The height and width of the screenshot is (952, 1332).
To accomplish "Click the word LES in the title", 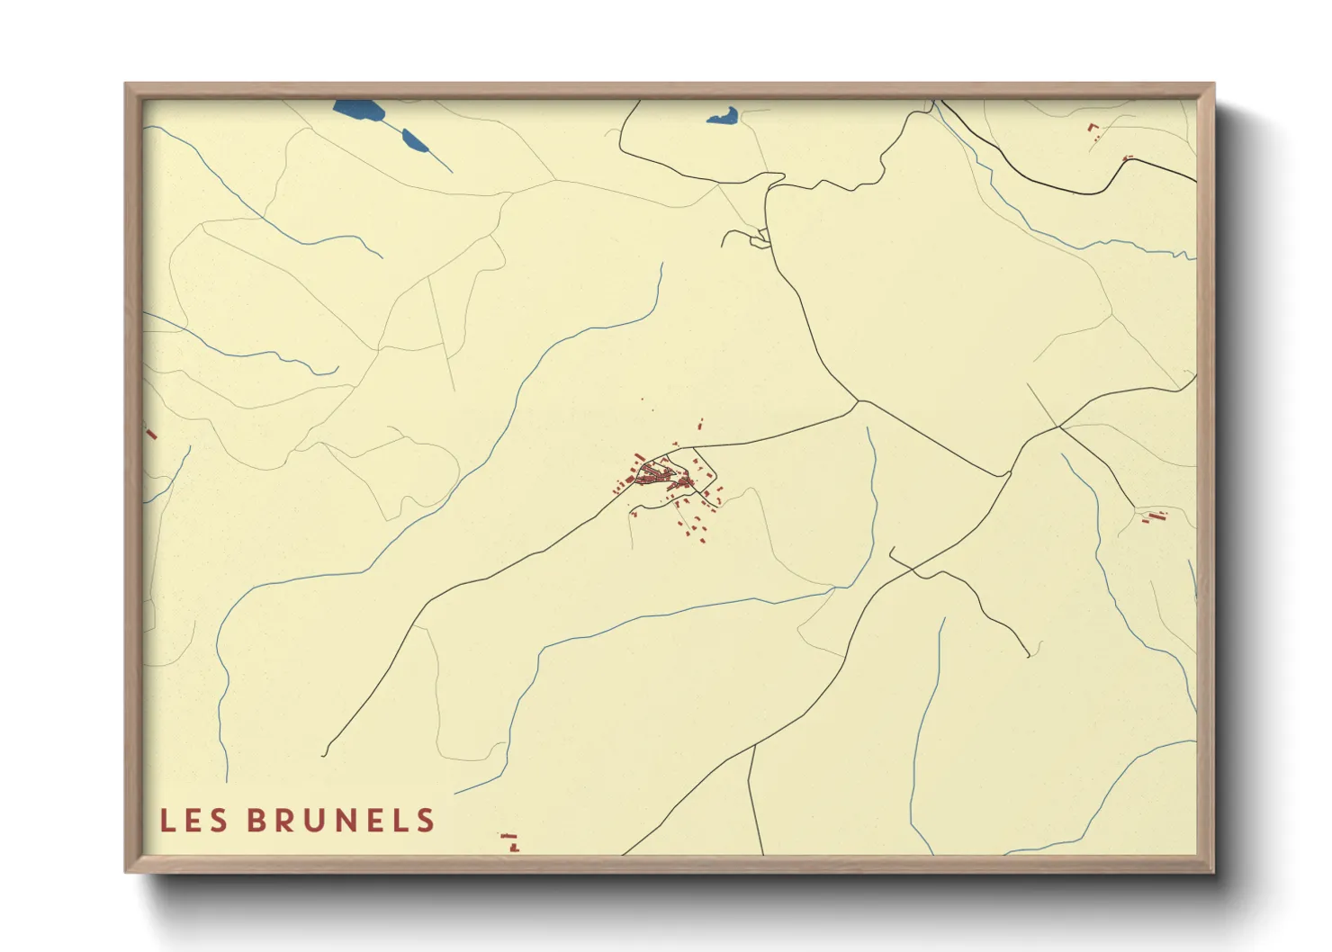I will click(193, 821).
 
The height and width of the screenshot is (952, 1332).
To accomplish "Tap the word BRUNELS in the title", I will click(340, 821).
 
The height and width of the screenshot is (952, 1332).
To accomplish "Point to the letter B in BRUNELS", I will click(256, 821).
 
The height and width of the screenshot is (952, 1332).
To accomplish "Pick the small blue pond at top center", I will click(723, 116).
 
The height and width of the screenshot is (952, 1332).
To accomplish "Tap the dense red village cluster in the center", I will click(661, 474).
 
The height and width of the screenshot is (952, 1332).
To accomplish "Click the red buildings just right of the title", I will click(510, 841).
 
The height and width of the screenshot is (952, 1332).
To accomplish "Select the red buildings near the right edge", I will click(1153, 516).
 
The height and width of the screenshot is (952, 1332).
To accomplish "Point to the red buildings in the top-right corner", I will click(1094, 131).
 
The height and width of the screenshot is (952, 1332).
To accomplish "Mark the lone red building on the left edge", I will click(150, 433).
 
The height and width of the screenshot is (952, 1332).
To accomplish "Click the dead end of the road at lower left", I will click(324, 753).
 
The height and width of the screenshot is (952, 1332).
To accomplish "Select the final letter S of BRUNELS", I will click(426, 821).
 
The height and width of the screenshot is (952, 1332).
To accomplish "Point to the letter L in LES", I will click(167, 821).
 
